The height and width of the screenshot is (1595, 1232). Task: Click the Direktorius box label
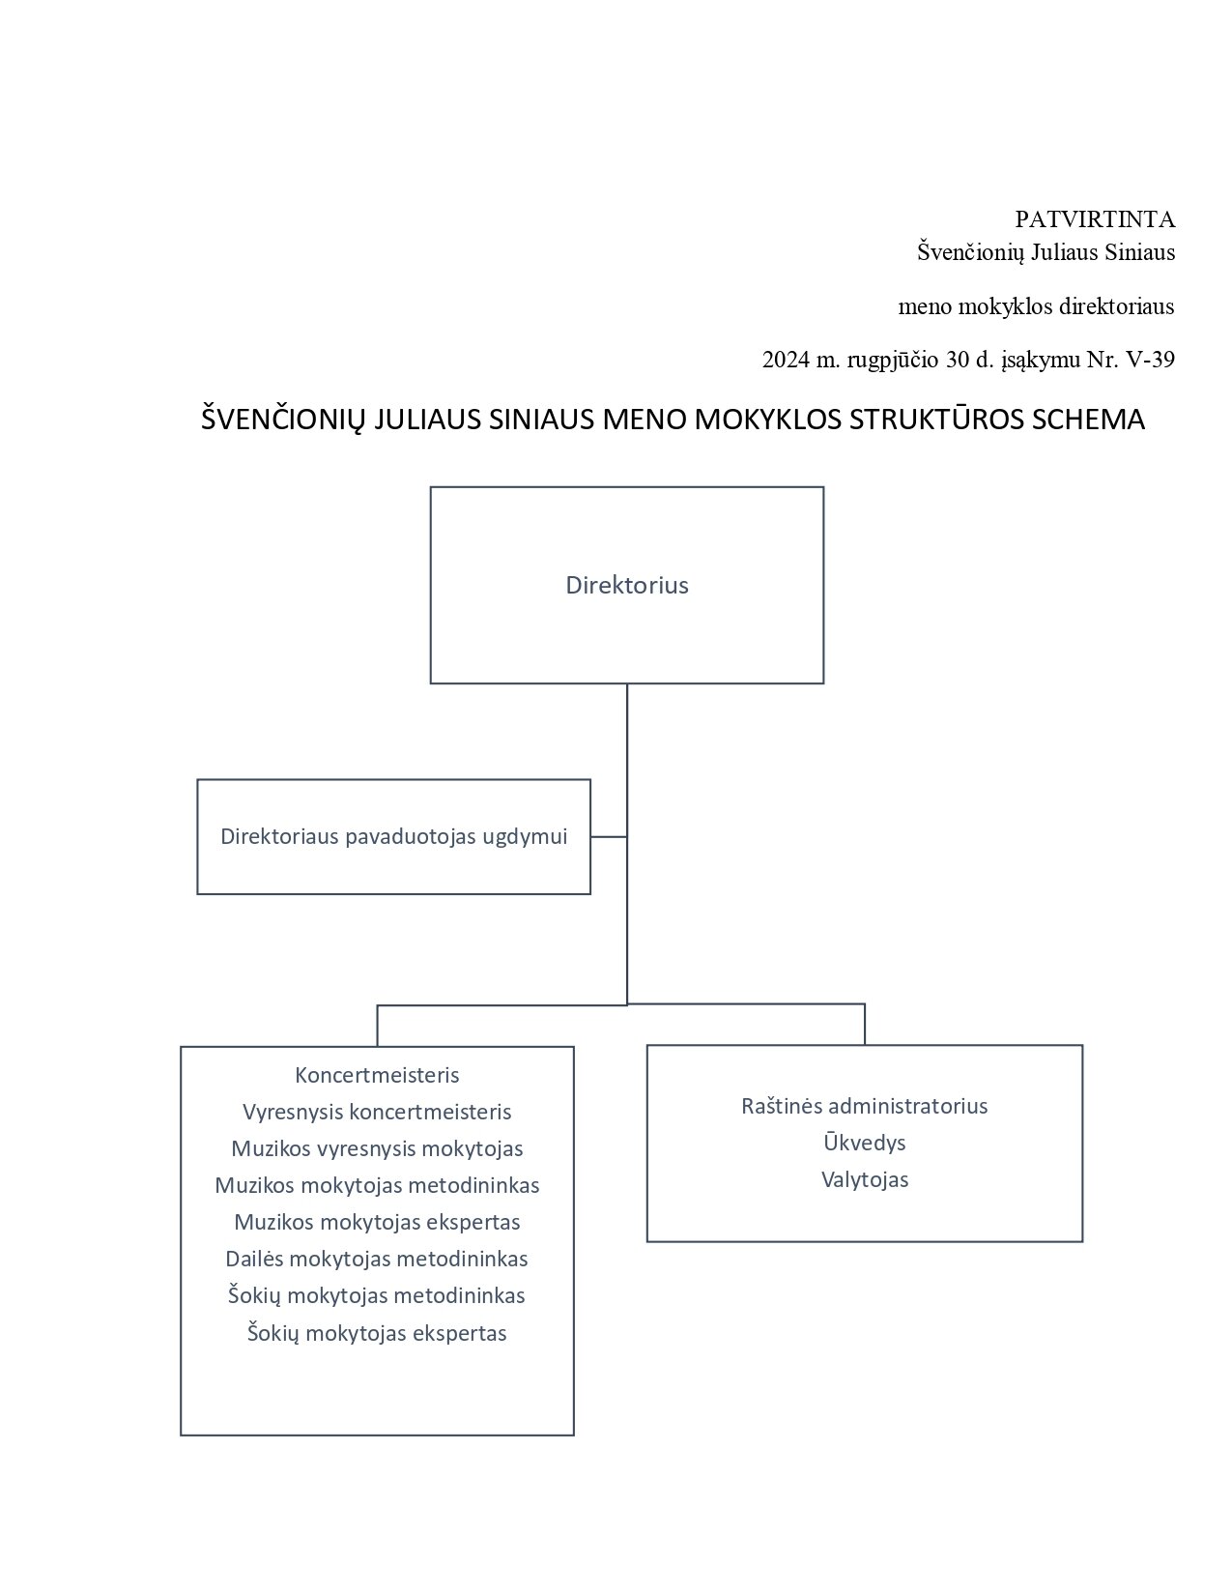point(626,585)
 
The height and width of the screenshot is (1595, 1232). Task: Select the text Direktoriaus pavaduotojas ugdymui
point(393,836)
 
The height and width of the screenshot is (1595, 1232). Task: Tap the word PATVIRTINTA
point(1095,219)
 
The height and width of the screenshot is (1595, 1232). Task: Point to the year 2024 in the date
point(786,361)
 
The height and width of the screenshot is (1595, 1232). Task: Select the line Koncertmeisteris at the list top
point(377,1075)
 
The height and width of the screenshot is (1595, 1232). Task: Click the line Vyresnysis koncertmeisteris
point(377,1112)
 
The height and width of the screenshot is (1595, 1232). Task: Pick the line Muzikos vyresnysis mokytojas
point(377,1148)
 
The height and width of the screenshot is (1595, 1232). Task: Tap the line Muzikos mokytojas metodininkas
point(377,1185)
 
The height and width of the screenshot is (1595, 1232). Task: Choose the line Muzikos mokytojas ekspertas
point(377,1222)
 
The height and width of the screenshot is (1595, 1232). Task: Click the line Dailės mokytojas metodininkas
point(377,1259)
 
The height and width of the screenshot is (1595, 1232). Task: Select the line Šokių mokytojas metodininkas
point(377,1295)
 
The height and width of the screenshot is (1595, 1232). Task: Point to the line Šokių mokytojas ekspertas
point(377,1333)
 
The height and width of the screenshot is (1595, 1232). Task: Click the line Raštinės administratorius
point(865,1106)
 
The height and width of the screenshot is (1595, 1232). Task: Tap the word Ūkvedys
point(865,1143)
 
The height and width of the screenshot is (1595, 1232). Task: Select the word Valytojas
point(865,1179)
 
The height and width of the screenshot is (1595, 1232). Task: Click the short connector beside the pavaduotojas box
point(609,836)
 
